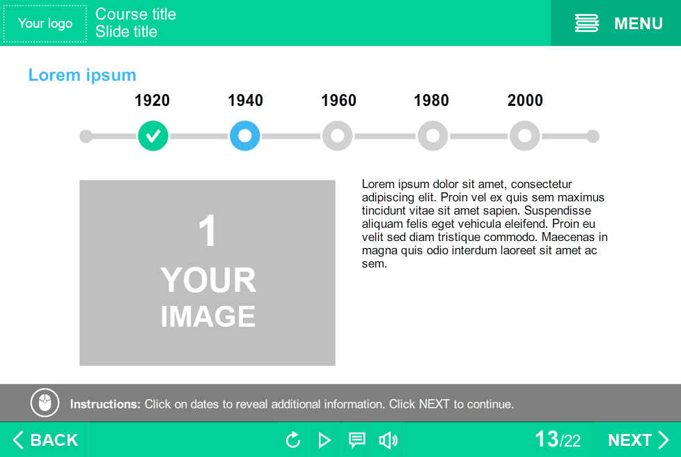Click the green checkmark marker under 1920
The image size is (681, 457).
click(153, 136)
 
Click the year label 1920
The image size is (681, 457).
click(152, 100)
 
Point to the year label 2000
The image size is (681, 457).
click(525, 100)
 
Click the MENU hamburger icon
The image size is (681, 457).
click(587, 23)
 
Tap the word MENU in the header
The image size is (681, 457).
click(639, 24)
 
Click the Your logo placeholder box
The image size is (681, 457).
click(45, 24)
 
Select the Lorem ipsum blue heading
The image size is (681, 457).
click(82, 75)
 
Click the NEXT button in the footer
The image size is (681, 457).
click(638, 440)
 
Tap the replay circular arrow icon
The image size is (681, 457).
click(293, 440)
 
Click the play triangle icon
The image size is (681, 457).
click(324, 440)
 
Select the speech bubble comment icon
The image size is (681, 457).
click(357, 440)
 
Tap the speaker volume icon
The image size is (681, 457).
click(389, 440)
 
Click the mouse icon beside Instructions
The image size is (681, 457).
click(45, 403)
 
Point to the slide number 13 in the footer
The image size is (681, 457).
click(547, 439)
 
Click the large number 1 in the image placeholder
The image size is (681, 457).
click(208, 230)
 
